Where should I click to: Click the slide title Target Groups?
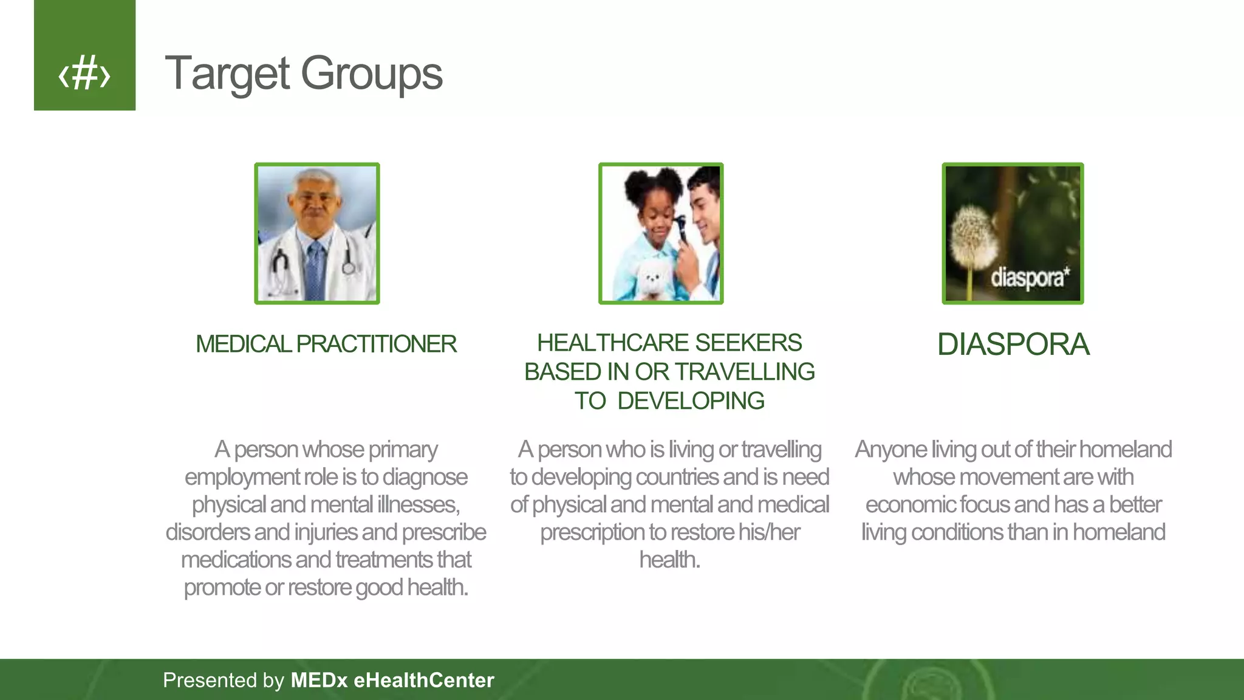pyautogui.click(x=303, y=74)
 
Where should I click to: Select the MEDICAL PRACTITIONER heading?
pyautogui.click(x=326, y=344)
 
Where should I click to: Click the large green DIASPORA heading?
pyautogui.click(x=1013, y=345)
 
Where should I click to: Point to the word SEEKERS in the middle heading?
pyautogui.click(x=748, y=343)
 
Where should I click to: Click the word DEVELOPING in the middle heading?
pyautogui.click(x=691, y=401)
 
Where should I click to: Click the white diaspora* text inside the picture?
pyautogui.click(x=1030, y=278)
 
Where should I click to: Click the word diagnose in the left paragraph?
pyautogui.click(x=425, y=478)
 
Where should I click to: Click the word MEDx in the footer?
pyautogui.click(x=319, y=680)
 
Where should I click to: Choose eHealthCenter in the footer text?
pyautogui.click(x=424, y=680)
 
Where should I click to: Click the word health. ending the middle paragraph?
pyautogui.click(x=669, y=560)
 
